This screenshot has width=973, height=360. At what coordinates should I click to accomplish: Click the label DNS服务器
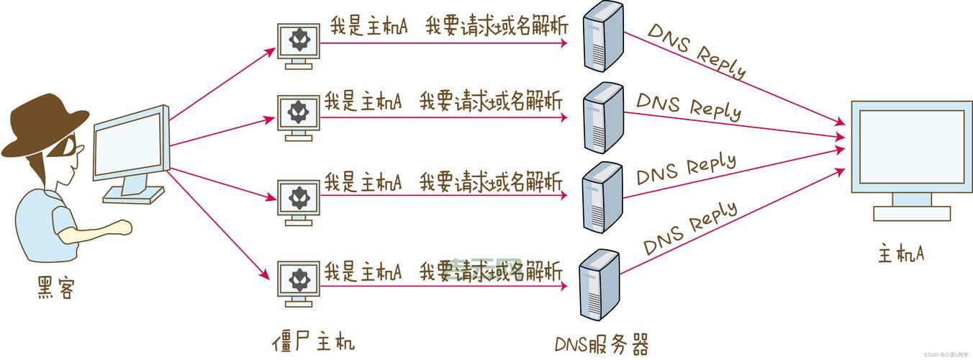pos(601,343)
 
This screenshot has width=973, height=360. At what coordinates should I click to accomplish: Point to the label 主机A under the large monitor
pos(900,254)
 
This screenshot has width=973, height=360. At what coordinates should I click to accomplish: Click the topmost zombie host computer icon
pos(299,43)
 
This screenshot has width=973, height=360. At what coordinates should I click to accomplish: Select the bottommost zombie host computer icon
pos(299,282)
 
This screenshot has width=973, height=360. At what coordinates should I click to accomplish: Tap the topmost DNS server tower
pos(603,36)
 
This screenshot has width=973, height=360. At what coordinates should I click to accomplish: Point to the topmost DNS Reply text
pos(696,50)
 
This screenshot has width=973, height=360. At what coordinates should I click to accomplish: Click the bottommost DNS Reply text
pos(691,227)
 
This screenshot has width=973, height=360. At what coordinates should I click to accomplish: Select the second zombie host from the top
pos(299,115)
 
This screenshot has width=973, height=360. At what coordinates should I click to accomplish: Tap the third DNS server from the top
pos(602,195)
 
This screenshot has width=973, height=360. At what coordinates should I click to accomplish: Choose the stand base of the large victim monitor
pos(911,212)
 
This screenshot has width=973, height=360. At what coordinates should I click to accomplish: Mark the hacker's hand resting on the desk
pos(122,229)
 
